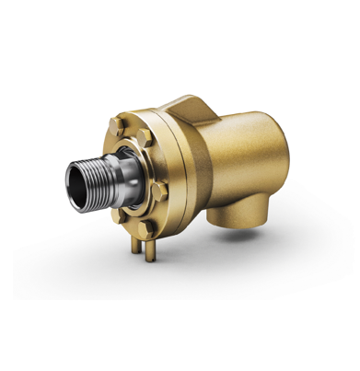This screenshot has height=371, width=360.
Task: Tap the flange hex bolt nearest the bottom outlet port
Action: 160,191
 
